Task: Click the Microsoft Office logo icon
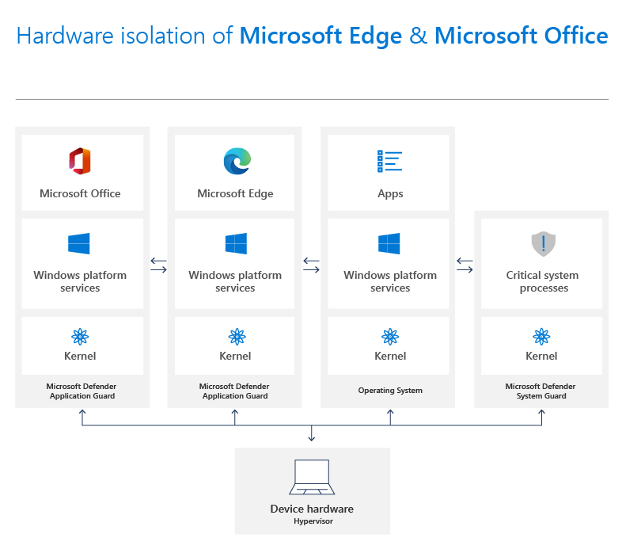pyautogui.click(x=80, y=161)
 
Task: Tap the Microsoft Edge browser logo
pyautogui.click(x=237, y=161)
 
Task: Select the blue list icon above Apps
pyautogui.click(x=389, y=161)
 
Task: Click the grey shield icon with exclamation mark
pyautogui.click(x=543, y=243)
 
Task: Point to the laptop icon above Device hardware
pyautogui.click(x=312, y=477)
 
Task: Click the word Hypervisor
pyautogui.click(x=313, y=521)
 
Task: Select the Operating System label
pyautogui.click(x=390, y=390)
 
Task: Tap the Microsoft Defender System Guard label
pyautogui.click(x=540, y=391)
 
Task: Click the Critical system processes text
pyautogui.click(x=543, y=281)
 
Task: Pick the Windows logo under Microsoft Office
pyautogui.click(x=79, y=243)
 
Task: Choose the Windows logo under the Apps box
pyautogui.click(x=389, y=243)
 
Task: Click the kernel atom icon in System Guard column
pyautogui.click(x=541, y=337)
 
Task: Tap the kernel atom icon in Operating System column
pyautogui.click(x=390, y=337)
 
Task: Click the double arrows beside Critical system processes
pyautogui.click(x=465, y=265)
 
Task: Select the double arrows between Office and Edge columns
pyautogui.click(x=158, y=265)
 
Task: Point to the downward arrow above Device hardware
pyautogui.click(x=312, y=433)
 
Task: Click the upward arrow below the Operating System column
pyautogui.click(x=390, y=417)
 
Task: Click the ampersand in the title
pyautogui.click(x=418, y=36)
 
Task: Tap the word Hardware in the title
pyautogui.click(x=65, y=36)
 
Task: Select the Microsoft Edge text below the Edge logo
pyautogui.click(x=235, y=193)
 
